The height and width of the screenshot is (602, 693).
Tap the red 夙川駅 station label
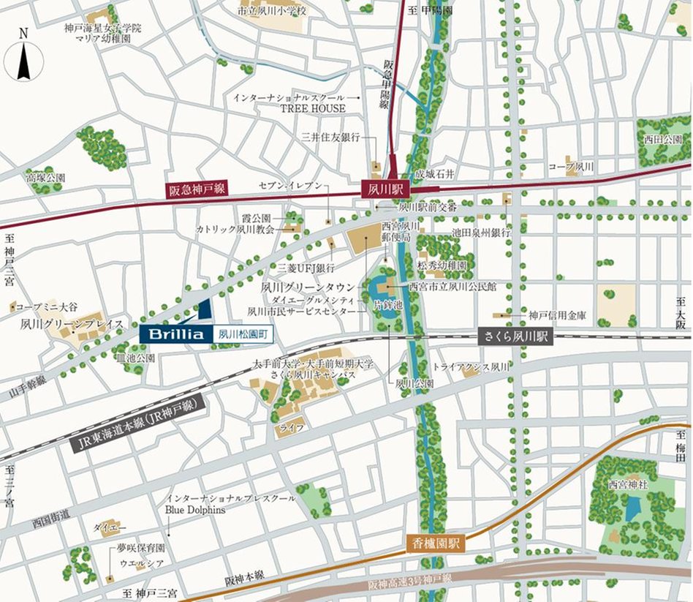coord(386,189)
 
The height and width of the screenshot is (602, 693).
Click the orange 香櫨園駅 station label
coord(436,543)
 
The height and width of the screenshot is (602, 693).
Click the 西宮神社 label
coord(628,484)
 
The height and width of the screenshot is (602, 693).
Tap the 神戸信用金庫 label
coord(558,316)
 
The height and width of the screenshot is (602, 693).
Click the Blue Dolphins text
coord(195,509)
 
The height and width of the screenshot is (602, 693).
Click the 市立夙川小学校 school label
coord(272,11)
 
